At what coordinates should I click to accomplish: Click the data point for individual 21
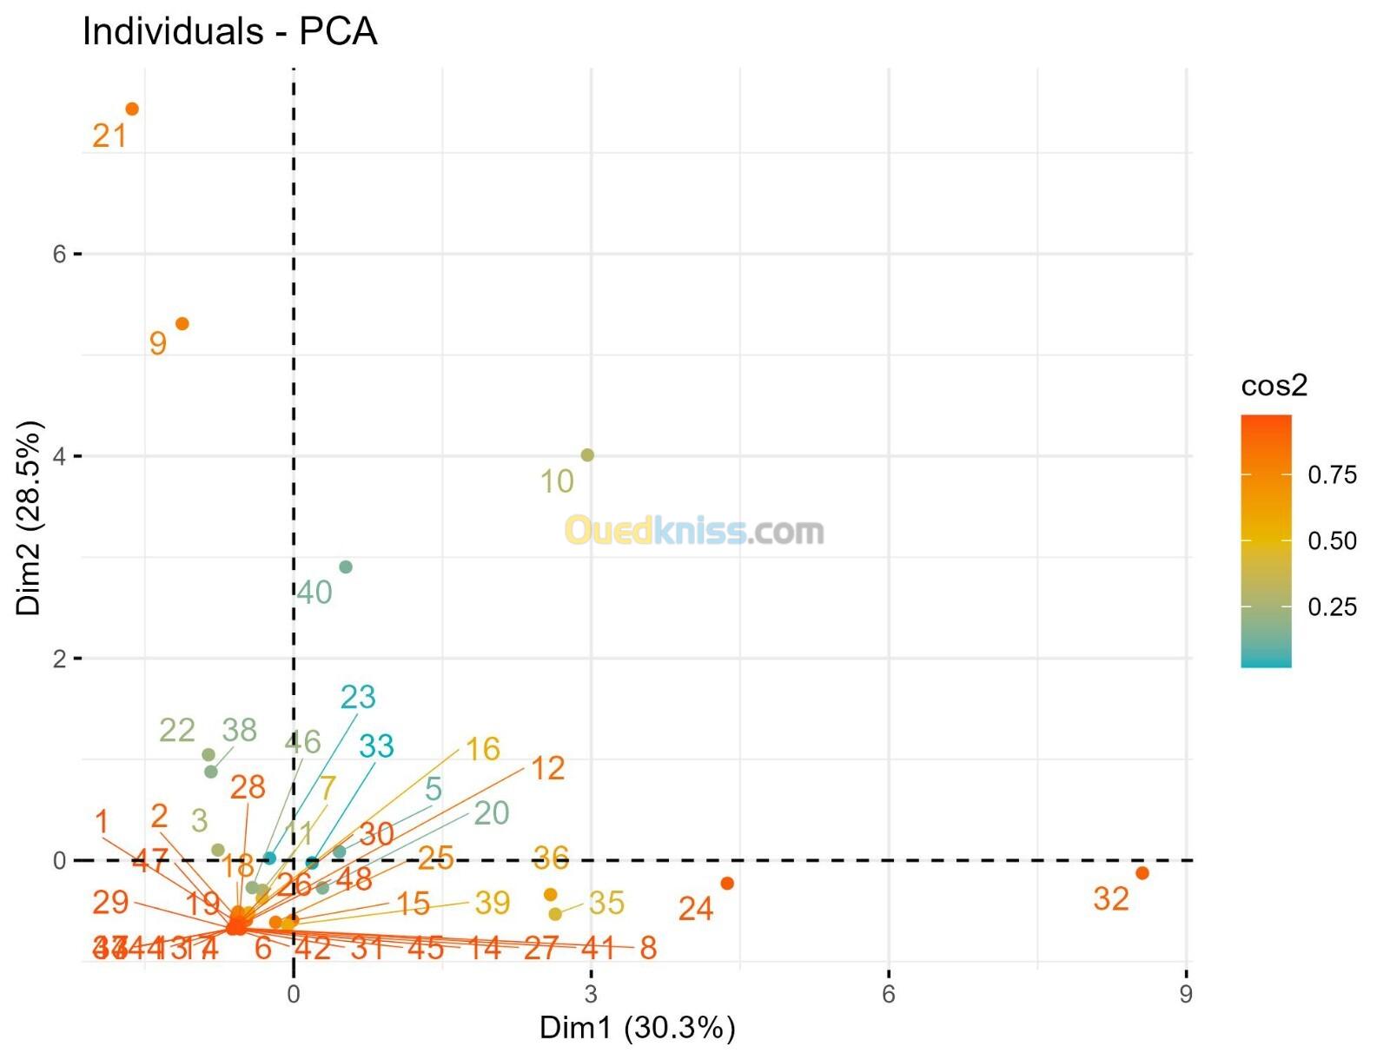pyautogui.click(x=132, y=109)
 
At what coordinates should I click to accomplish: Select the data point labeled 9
pyautogui.click(x=182, y=324)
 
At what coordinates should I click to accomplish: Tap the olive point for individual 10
pyautogui.click(x=587, y=455)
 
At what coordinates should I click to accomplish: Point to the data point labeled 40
pyautogui.click(x=346, y=567)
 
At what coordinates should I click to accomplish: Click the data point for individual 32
pyautogui.click(x=1142, y=873)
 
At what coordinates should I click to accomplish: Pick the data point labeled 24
pyautogui.click(x=728, y=884)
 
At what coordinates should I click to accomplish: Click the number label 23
pyautogui.click(x=358, y=697)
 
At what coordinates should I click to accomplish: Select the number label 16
pyautogui.click(x=483, y=748)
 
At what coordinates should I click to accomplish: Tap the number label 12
pyautogui.click(x=548, y=767)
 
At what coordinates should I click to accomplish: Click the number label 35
pyautogui.click(x=606, y=903)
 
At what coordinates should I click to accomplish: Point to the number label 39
pyautogui.click(x=493, y=903)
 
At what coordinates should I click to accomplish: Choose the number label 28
pyautogui.click(x=248, y=787)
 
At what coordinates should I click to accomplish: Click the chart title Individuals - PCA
pyautogui.click(x=230, y=32)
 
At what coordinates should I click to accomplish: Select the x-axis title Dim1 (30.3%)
pyautogui.click(x=638, y=1028)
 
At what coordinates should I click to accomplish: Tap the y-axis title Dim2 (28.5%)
pyautogui.click(x=30, y=519)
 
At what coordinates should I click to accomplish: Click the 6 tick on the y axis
pyautogui.click(x=59, y=254)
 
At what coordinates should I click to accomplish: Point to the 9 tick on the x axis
pyautogui.click(x=1186, y=994)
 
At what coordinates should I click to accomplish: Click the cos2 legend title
pyautogui.click(x=1274, y=385)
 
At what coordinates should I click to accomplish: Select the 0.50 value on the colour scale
pyautogui.click(x=1332, y=540)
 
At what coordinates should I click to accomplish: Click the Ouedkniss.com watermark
pyautogui.click(x=694, y=530)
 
